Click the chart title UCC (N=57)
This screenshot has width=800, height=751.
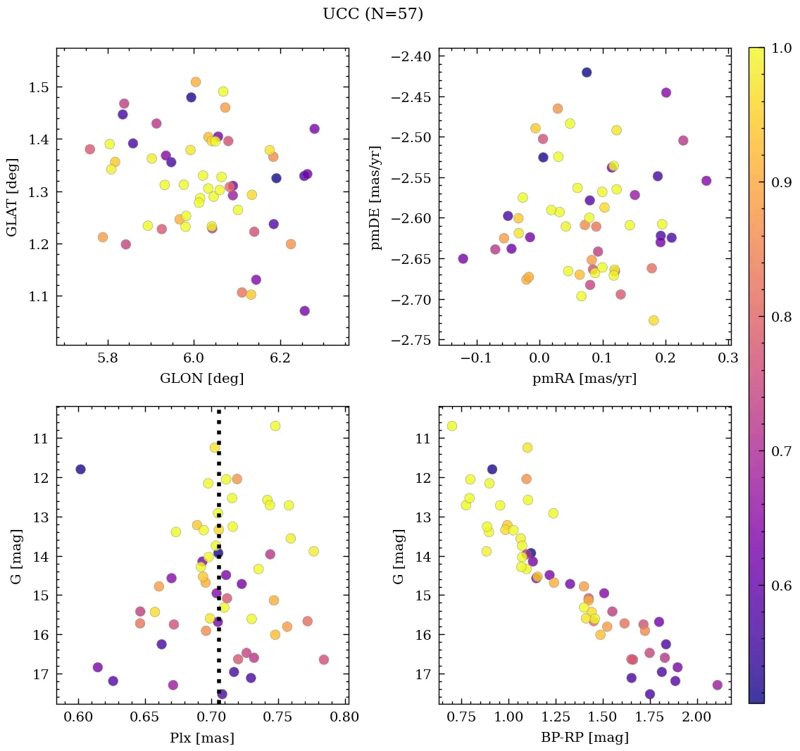pos(373,14)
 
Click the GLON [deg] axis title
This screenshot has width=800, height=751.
pos(202,379)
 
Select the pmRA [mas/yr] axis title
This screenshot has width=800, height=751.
pos(585,379)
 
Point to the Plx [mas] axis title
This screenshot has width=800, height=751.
pos(202,738)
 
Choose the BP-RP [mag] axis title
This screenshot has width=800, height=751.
pos(585,738)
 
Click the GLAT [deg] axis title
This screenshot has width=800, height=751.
pos(13,196)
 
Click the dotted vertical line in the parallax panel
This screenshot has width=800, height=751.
pos(219,563)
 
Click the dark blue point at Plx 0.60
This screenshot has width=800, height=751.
pos(80,469)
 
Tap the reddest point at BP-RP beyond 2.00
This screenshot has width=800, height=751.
pos(718,685)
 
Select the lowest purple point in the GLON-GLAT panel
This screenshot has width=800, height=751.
pos(304,311)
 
